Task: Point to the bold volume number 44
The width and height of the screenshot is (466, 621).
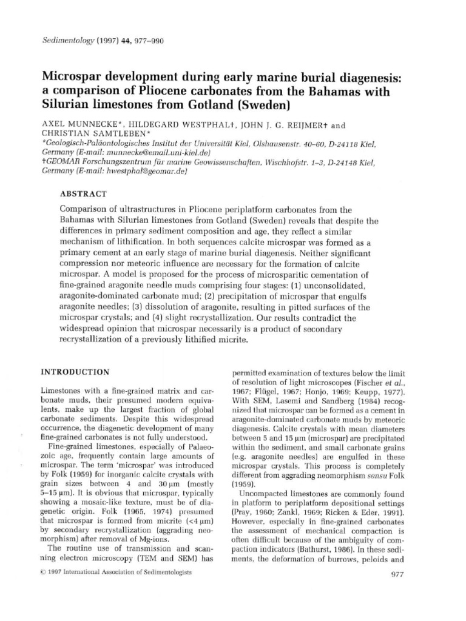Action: click(128, 41)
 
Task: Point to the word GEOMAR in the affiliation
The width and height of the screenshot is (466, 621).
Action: click(61, 163)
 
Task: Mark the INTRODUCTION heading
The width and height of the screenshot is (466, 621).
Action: click(75, 372)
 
